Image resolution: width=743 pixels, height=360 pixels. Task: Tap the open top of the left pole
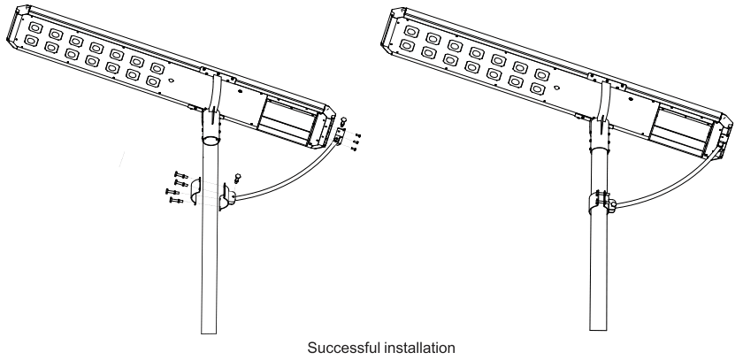(x=209, y=140)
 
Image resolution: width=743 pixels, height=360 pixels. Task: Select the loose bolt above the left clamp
(x=237, y=175)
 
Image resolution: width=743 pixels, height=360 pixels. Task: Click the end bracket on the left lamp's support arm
(x=338, y=133)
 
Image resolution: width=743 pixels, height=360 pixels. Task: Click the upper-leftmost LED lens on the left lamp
(x=33, y=25)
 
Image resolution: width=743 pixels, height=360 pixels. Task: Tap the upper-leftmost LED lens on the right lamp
(x=410, y=27)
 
